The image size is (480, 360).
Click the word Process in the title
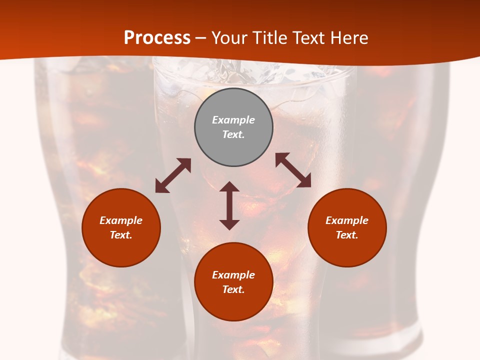point(157,38)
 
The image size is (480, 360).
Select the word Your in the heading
point(230,38)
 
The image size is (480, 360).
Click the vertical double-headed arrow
point(229,205)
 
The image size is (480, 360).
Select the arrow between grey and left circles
point(173,175)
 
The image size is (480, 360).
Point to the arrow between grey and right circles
point(293,170)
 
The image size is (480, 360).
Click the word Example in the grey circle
point(233,120)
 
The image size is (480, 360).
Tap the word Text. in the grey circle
point(233,134)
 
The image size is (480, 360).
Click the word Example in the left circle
point(121,220)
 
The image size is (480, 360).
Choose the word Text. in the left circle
point(121,235)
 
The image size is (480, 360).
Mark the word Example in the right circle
point(347,220)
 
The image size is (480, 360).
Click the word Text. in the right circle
point(347,235)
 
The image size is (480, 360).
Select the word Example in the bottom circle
point(233,275)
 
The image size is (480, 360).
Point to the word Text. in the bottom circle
point(233,289)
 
